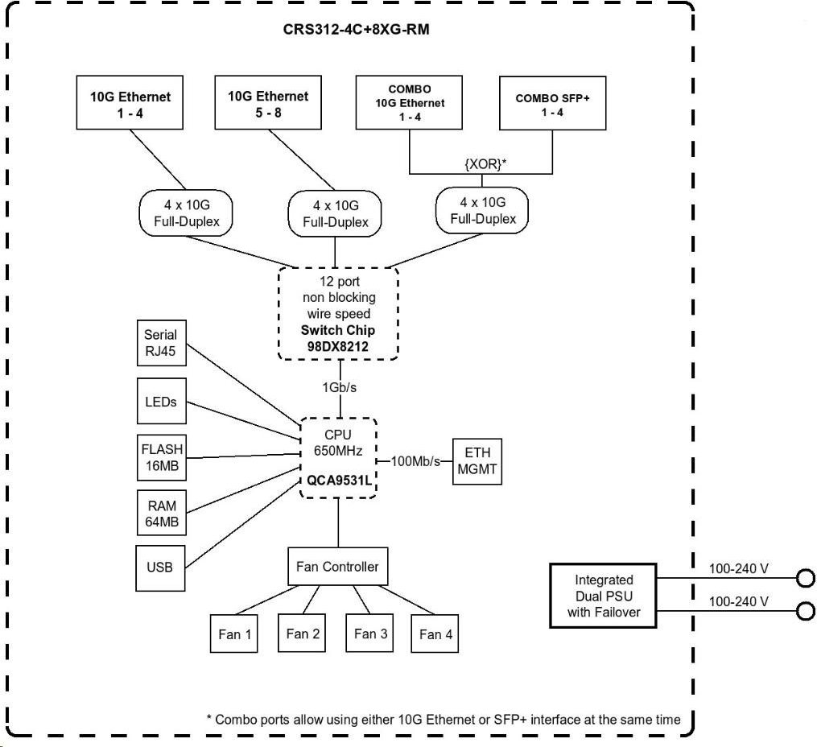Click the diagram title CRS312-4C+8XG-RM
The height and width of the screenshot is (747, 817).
pos(356,29)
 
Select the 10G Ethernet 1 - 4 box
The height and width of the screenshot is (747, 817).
pos(130,102)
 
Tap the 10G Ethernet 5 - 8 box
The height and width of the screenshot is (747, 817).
pos(268,102)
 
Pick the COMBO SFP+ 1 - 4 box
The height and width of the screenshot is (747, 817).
pos(552,103)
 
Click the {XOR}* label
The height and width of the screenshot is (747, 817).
pos(485,164)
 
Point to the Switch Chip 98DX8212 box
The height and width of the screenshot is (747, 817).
pos(338,314)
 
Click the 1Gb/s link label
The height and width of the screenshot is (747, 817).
pos(339,387)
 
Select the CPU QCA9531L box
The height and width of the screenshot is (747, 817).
pos(338,458)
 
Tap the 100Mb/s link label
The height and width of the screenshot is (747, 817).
pos(415,461)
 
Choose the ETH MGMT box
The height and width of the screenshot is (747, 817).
pos(477,461)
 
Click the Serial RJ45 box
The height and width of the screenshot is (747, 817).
pos(162,343)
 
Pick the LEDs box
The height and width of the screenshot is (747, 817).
pos(162,401)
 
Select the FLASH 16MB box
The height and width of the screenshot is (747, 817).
pos(162,457)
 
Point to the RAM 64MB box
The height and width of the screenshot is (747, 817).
pos(162,513)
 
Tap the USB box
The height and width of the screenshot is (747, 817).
pos(160,568)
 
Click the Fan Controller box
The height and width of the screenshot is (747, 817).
pos(337,566)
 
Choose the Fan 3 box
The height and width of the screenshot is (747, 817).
pos(369,633)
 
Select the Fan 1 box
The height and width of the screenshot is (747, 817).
pos(234,634)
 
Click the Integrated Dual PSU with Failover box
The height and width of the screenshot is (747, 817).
pos(603,596)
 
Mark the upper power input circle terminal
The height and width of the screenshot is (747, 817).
pos(806,578)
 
